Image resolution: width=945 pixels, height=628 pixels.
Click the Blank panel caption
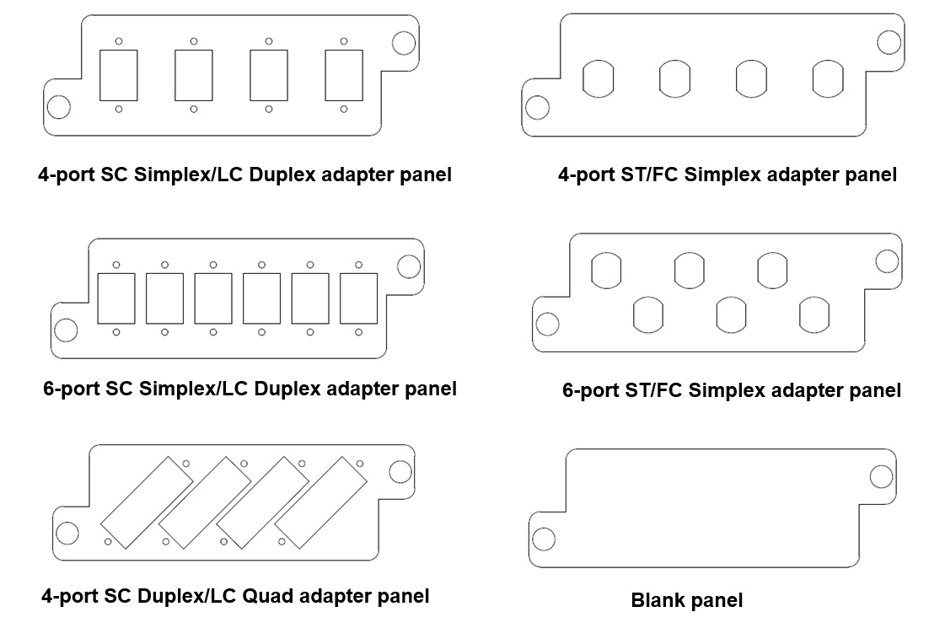(686, 600)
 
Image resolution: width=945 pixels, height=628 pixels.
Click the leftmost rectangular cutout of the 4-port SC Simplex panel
(118, 75)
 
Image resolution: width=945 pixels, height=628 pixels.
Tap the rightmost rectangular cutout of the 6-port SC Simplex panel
(358, 298)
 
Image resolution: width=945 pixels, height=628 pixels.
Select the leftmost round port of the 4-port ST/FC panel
(598, 78)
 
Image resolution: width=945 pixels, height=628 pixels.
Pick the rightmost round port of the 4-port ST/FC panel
(827, 78)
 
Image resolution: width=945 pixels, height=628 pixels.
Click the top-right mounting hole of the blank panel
(881, 477)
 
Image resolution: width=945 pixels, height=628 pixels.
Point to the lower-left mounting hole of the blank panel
(545, 539)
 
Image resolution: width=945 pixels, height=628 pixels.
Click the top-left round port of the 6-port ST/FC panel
(606, 271)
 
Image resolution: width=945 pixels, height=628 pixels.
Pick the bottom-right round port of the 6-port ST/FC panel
(814, 314)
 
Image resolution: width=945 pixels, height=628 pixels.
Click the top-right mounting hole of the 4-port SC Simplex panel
(405, 43)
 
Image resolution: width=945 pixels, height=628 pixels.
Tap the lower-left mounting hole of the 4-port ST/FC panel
(537, 107)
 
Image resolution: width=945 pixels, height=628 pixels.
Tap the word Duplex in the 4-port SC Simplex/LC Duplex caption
(284, 174)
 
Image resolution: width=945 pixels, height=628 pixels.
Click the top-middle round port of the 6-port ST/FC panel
(689, 271)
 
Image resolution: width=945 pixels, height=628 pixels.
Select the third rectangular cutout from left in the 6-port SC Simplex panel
(212, 298)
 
